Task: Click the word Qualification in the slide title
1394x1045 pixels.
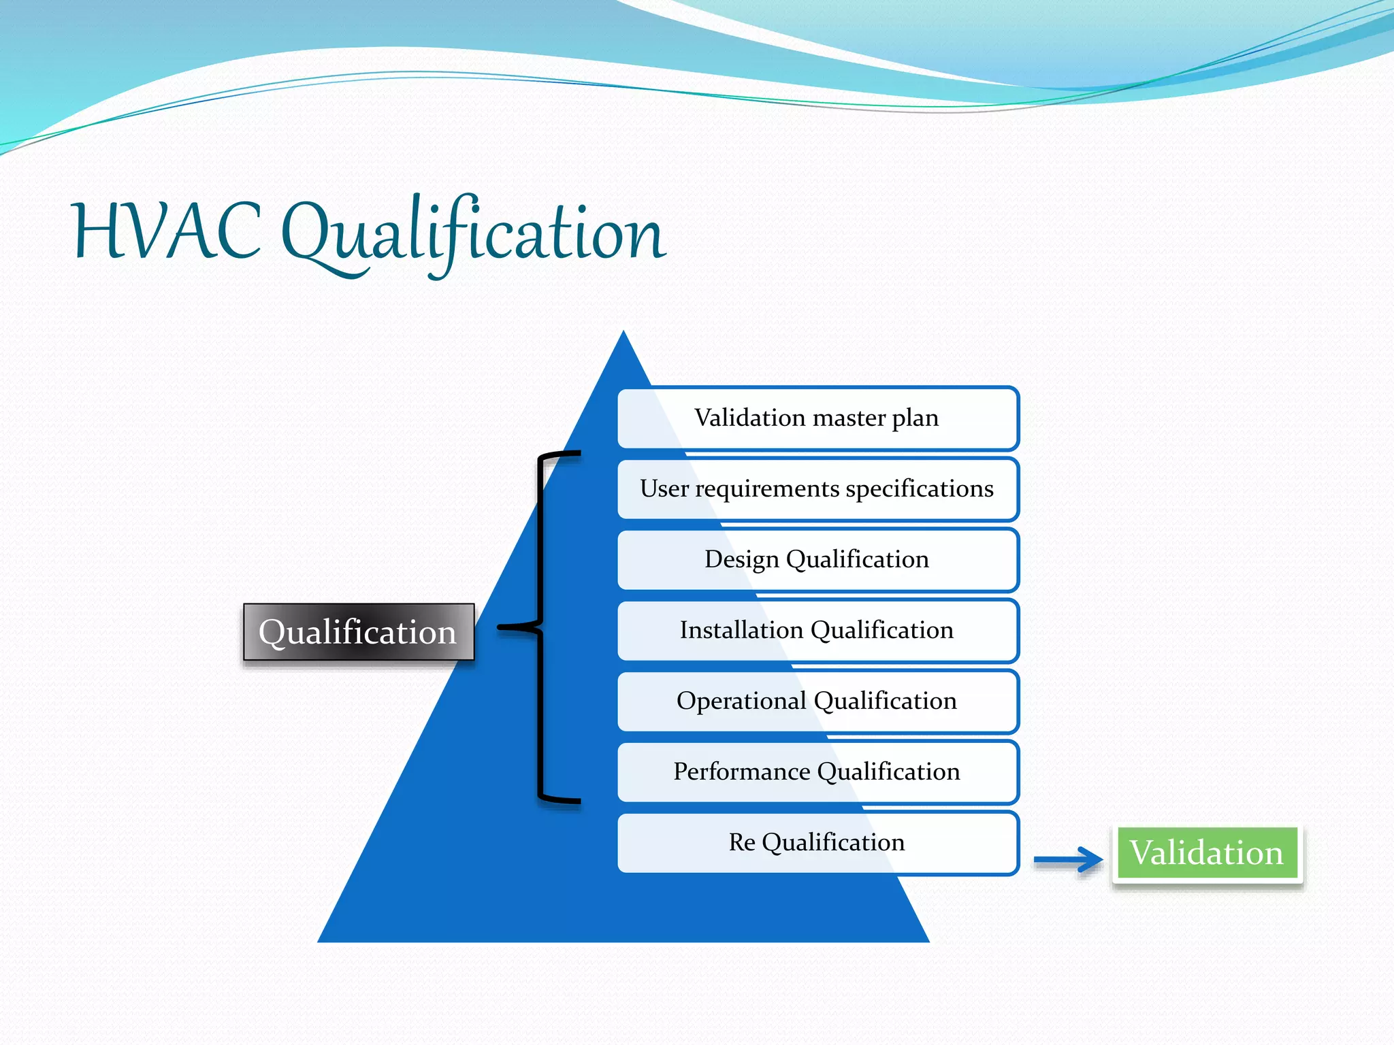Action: [473, 235]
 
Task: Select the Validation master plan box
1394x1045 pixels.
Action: [817, 418]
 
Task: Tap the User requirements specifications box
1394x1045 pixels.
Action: [817, 489]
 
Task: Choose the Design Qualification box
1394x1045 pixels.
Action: [817, 560]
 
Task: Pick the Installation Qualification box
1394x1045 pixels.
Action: [817, 631]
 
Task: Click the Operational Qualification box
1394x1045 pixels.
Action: [817, 701]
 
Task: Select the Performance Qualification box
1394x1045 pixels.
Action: [817, 772]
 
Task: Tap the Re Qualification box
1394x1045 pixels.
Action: [817, 843]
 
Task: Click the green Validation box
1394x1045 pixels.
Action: [1206, 853]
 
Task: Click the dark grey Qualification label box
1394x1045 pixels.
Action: [358, 632]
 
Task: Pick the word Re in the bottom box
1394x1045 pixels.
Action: [741, 843]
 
